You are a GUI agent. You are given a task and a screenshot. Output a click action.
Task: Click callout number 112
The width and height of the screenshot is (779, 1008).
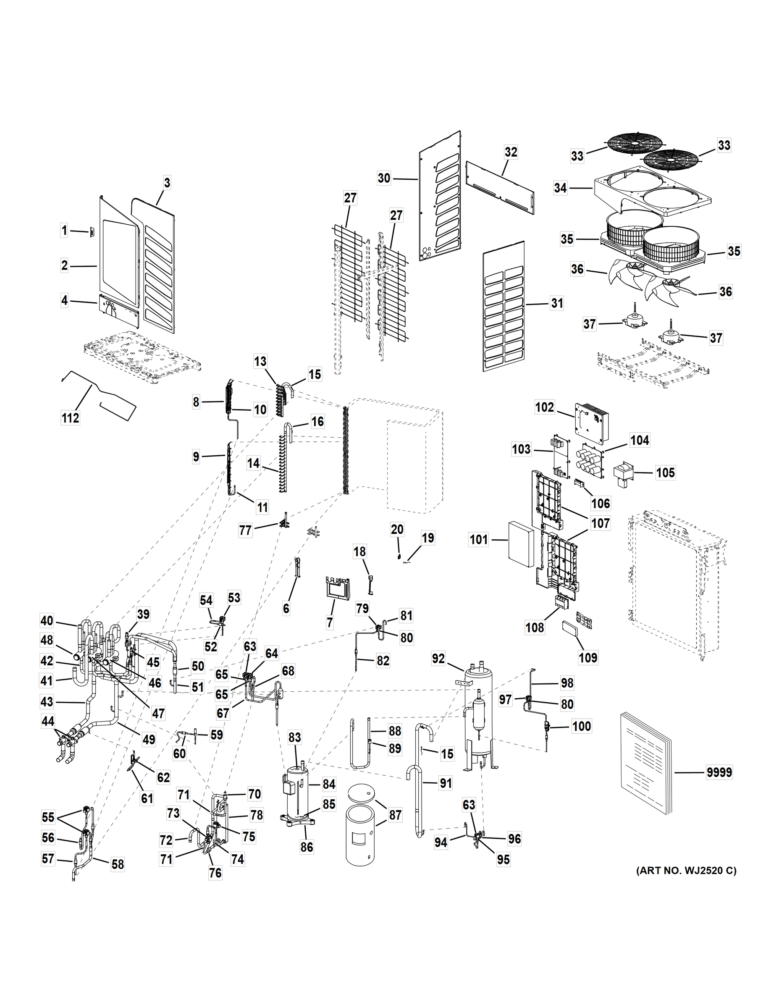coord(70,418)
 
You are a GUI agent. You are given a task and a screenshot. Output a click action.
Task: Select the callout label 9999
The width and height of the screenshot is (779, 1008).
coord(719,772)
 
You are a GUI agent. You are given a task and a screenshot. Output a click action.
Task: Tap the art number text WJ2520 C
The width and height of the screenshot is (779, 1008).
coord(686,871)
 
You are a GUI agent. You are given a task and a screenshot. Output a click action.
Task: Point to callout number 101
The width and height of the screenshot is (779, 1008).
coord(479,539)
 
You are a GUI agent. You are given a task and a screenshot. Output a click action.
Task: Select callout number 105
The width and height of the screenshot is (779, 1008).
coord(665,472)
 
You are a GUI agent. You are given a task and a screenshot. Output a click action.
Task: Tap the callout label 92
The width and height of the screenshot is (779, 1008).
coord(438,659)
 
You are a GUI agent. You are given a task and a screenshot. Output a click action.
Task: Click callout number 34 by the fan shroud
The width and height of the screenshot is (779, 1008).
coord(560,188)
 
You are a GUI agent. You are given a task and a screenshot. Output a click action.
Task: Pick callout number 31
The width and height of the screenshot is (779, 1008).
coord(557,303)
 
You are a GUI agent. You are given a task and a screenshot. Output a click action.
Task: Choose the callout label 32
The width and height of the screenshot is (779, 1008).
coord(511,152)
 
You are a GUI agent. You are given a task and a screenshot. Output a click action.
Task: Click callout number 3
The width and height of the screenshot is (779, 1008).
coord(167,183)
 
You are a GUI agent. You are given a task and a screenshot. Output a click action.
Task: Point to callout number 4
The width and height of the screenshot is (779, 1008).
coord(65,301)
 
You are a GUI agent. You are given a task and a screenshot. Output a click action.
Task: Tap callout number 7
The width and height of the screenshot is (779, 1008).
coord(330,622)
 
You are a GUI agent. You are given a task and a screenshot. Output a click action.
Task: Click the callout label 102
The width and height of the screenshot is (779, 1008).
coord(545,407)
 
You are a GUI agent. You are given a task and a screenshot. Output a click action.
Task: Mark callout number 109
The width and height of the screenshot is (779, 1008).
coord(588,657)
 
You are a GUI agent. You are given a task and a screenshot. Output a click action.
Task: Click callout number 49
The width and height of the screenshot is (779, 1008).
coord(149,740)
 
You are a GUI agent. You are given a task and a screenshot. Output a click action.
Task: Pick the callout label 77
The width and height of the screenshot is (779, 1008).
coord(245,530)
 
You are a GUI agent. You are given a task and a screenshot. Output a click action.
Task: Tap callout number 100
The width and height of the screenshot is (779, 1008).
coord(582,727)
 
